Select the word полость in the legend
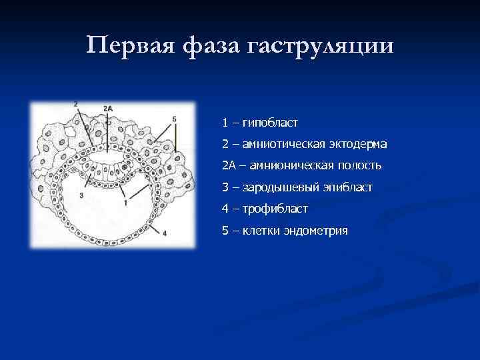coord(361,165)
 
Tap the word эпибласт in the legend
coord(349,187)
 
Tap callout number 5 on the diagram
coord(174,119)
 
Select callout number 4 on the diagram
coord(164,233)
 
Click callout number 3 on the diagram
coord(81,195)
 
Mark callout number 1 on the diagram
coord(125,201)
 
